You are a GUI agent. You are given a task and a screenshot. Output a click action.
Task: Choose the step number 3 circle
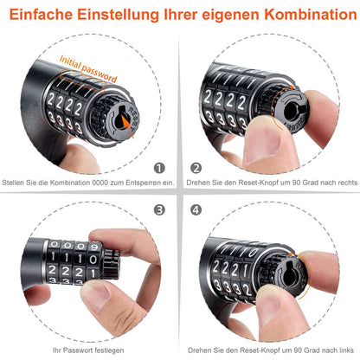pos(158,209)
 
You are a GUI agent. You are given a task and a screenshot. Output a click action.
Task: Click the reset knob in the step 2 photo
pos(291,121)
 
